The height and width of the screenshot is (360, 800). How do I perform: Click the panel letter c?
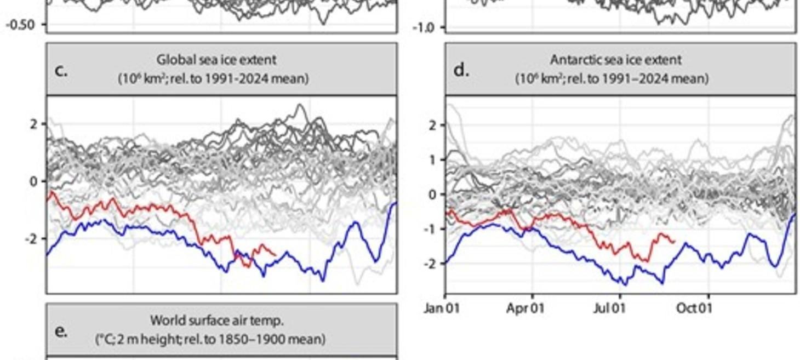(x=61, y=71)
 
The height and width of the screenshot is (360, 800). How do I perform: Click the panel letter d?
(x=461, y=71)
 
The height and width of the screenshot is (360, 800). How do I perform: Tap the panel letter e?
(x=61, y=332)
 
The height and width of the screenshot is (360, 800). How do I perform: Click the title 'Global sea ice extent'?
(x=216, y=59)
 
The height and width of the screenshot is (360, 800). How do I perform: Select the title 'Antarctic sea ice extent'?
(x=616, y=59)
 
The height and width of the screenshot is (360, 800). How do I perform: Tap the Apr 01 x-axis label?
(x=524, y=308)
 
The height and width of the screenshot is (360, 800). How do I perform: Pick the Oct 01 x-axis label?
(x=694, y=308)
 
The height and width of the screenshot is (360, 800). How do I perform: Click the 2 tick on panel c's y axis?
(x=34, y=124)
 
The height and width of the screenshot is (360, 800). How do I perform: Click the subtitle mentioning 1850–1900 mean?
(x=210, y=340)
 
